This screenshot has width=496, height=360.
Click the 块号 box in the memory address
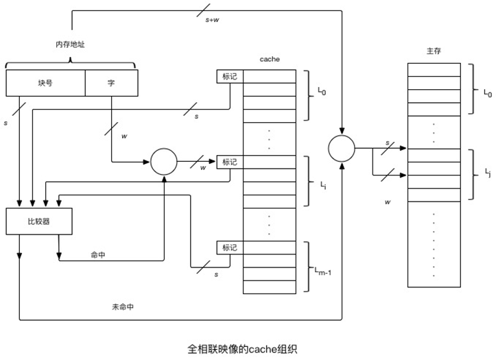click(45, 83)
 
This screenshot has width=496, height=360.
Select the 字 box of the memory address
click(111, 83)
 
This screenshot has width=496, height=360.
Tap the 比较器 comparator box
click(39, 221)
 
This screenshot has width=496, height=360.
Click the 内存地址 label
click(70, 45)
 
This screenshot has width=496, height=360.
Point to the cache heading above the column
click(269, 60)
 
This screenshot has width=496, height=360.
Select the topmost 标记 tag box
click(229, 76)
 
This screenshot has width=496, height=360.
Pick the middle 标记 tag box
click(229, 162)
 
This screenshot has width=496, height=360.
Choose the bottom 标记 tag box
click(229, 247)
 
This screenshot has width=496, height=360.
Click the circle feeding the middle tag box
click(163, 162)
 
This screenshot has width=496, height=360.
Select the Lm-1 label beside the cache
click(322, 273)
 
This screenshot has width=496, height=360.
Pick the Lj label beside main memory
click(488, 171)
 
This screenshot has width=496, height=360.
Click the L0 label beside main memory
click(488, 92)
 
